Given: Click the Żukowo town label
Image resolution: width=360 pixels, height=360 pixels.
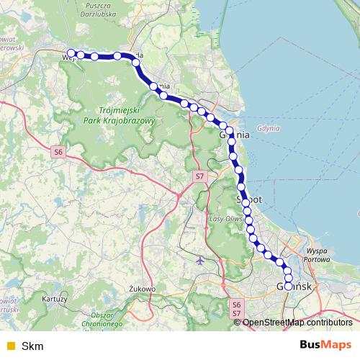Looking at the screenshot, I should click(143, 289).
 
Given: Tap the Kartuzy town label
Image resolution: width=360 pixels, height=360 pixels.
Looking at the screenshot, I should click(55, 297).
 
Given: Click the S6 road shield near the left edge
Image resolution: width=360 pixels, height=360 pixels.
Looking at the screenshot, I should click(58, 152).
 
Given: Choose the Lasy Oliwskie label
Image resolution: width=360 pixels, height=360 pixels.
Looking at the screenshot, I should click(224, 218).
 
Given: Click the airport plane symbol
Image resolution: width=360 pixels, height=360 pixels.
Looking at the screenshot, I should click(199, 260).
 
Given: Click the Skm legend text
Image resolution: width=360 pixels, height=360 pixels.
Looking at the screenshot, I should click(32, 346).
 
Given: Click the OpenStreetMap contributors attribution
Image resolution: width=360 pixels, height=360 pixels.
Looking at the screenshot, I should click(297, 323).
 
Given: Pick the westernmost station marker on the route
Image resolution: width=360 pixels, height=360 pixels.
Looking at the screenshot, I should click(71, 53).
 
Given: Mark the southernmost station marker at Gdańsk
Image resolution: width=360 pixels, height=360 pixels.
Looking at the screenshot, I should click(289, 286).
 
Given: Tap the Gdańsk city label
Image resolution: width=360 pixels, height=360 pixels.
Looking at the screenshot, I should click(293, 286).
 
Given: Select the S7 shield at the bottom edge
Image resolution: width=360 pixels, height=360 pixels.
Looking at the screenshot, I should click(236, 315).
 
